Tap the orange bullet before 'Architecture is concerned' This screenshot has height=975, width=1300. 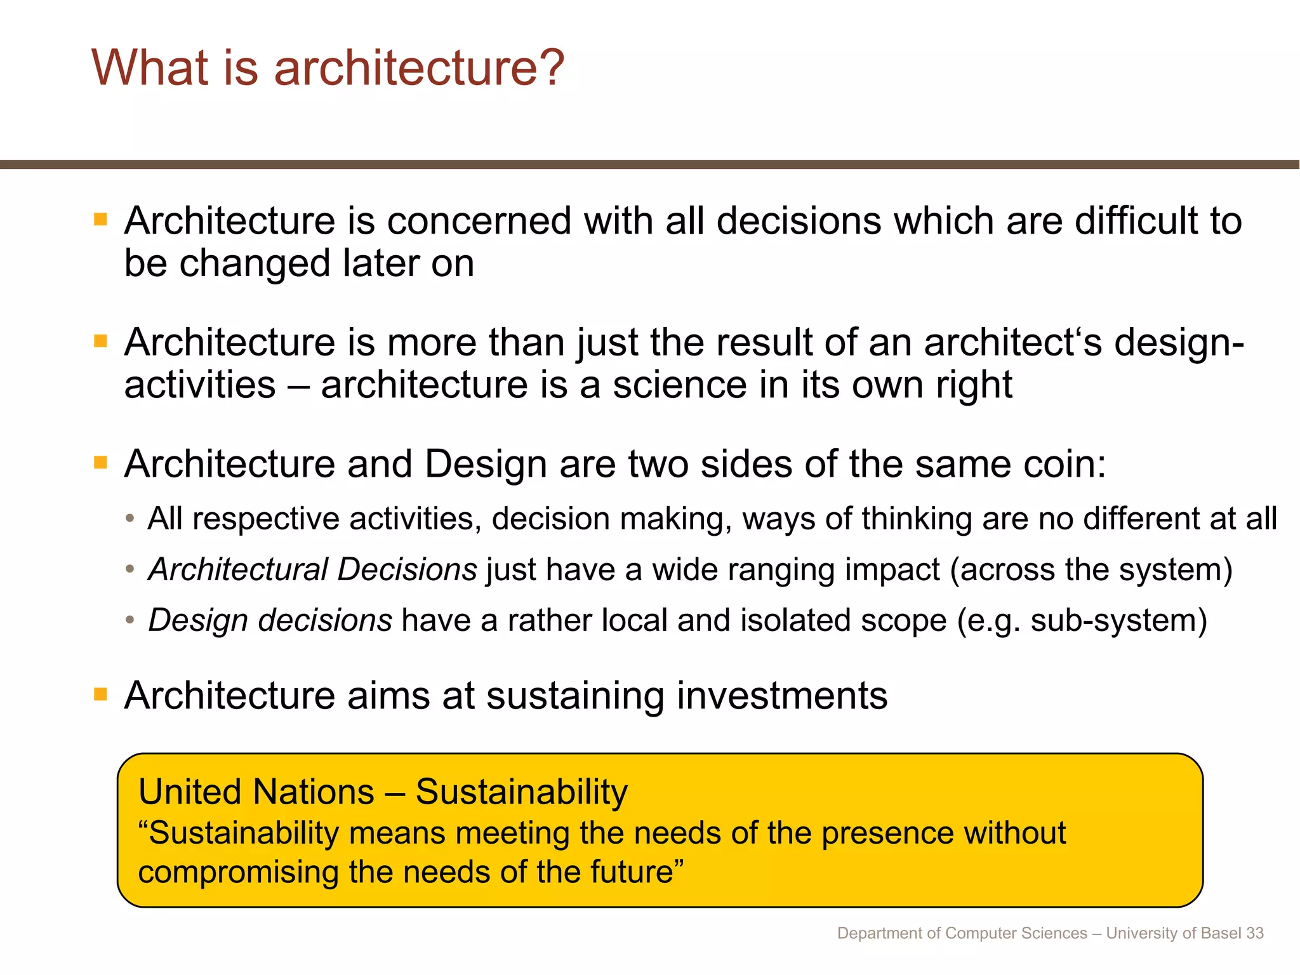click(100, 220)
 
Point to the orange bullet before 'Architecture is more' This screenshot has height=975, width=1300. click(100, 342)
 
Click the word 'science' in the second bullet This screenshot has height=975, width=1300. click(679, 385)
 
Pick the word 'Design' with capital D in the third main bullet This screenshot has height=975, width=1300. click(486, 464)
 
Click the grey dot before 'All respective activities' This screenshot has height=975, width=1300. click(130, 519)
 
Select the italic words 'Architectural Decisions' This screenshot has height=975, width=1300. click(312, 569)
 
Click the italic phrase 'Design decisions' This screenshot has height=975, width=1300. click(270, 620)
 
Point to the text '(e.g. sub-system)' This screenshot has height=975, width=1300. click(1082, 620)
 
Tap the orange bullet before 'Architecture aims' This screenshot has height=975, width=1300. click(100, 694)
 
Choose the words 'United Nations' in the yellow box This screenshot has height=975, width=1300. click(256, 792)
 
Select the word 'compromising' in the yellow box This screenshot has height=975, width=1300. click(238, 872)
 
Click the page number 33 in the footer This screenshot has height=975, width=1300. click(1254, 933)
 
